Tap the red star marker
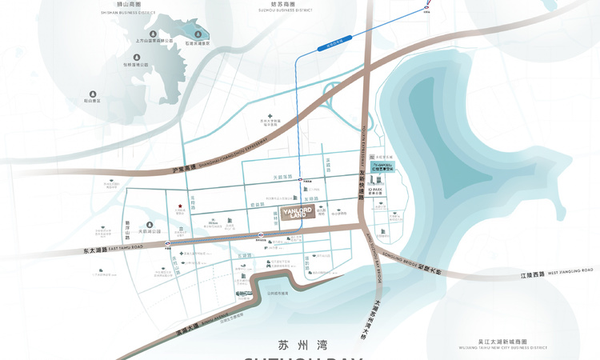pos(181,206)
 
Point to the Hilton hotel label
pos(214,223)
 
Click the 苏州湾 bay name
pos(293,346)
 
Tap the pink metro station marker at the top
pos(426,6)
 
